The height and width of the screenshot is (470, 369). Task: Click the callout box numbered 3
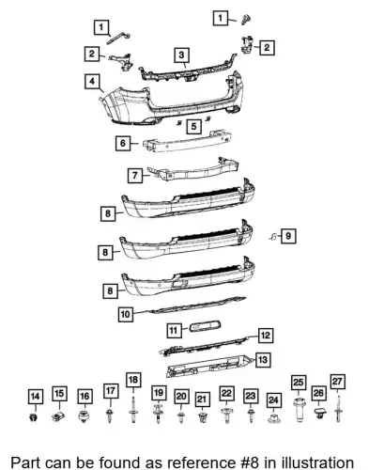(x=182, y=55)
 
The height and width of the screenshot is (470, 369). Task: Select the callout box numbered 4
(x=92, y=82)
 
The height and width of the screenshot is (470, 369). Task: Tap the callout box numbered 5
(x=193, y=126)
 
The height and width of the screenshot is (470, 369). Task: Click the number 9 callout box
(x=288, y=236)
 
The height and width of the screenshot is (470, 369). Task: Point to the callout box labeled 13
(x=263, y=360)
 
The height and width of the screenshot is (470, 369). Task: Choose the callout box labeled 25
(x=299, y=383)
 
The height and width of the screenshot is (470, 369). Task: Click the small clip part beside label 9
(x=273, y=237)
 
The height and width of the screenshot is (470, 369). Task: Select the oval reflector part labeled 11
(x=205, y=326)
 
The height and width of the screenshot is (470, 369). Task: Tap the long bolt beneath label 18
(x=133, y=410)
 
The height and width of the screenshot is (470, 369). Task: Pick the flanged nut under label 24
(x=273, y=418)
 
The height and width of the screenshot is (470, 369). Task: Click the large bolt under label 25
(x=299, y=410)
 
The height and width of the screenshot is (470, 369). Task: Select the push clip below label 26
(x=319, y=414)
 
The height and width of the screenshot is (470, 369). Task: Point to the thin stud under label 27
(x=338, y=408)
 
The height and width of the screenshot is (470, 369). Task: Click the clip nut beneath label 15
(x=58, y=416)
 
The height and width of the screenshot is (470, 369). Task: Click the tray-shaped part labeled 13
(x=209, y=367)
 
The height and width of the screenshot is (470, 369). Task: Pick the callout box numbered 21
(x=202, y=399)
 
